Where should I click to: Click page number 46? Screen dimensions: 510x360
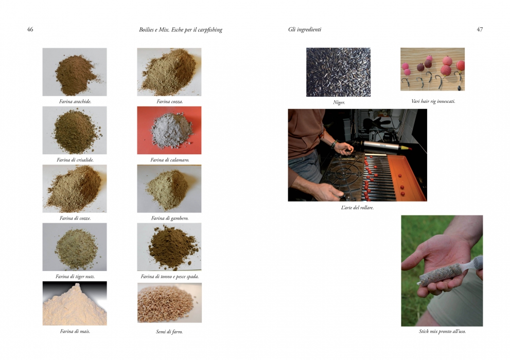[x=30, y=29]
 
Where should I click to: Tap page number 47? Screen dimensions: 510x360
[x=480, y=29]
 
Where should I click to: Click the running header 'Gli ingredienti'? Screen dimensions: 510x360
[x=305, y=29]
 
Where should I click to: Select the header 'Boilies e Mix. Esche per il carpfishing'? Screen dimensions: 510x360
[x=181, y=30]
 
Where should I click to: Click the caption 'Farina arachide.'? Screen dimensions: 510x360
[x=75, y=102]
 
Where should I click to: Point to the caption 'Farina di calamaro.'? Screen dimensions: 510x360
[x=170, y=160]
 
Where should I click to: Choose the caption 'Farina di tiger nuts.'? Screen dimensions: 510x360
[x=75, y=277]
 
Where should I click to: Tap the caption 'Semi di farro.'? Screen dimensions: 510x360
[x=169, y=332]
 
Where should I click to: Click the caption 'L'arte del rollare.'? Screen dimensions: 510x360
[x=358, y=208]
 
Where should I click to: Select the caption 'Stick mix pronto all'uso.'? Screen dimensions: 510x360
[x=443, y=331]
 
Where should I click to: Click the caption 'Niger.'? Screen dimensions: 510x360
[x=339, y=102]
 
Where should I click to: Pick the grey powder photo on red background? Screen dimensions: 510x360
[x=169, y=130]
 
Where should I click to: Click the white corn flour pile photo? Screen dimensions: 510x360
[x=75, y=303]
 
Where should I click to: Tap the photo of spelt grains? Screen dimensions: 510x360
[x=169, y=303]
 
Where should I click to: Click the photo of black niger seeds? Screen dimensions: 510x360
[x=338, y=72]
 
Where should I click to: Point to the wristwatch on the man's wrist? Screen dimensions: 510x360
[x=333, y=144]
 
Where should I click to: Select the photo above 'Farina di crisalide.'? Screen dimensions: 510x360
[x=75, y=130]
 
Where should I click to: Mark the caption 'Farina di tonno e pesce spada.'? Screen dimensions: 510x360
[x=170, y=277]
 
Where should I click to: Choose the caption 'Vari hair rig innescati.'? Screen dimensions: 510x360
[x=433, y=101]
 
